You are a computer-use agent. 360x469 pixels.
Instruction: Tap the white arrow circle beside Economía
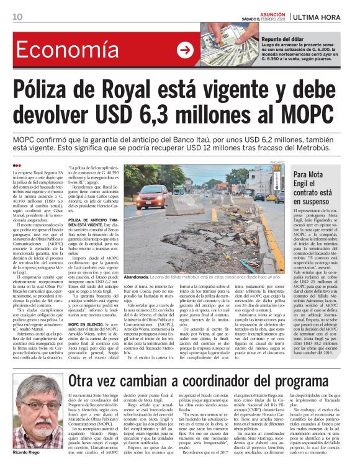185,51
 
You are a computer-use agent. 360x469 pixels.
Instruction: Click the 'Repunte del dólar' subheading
283,38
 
